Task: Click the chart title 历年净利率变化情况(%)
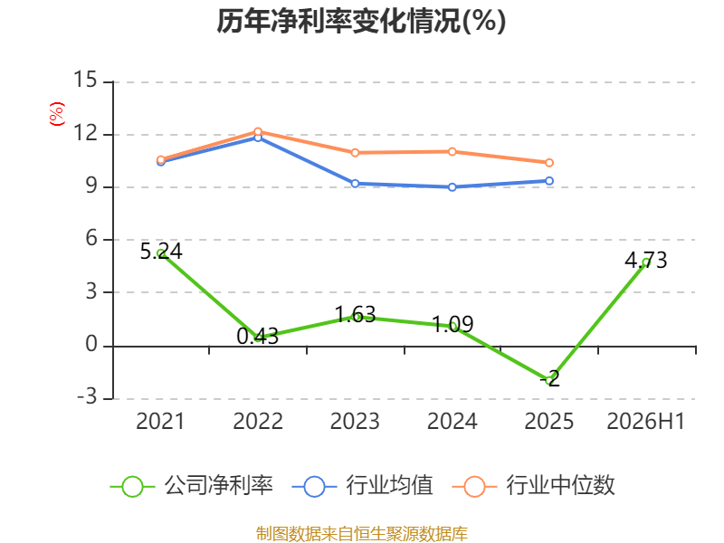361,21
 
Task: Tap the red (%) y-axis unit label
57,114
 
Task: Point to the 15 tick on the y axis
85,80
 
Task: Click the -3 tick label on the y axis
87,397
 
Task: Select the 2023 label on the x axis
355,422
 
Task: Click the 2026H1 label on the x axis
645,422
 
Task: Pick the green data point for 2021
161,253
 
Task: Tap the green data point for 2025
549,380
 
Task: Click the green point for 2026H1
646,262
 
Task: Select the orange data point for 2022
258,131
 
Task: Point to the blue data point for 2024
452,187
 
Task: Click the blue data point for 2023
355,184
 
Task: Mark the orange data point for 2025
549,163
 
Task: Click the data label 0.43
258,336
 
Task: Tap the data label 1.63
355,315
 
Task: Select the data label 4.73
646,260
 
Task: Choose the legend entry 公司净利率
192,486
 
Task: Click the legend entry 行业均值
363,486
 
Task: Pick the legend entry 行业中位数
533,486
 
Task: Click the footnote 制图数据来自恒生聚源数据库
361,533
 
